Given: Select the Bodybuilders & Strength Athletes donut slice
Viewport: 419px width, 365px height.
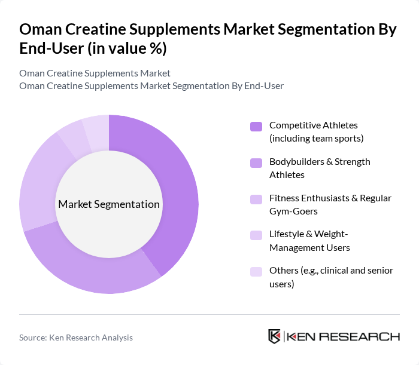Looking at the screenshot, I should pos(90,269).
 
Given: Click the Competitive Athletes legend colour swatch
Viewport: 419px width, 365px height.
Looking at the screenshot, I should pos(256,126).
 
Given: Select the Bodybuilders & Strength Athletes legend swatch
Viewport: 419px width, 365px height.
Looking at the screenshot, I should pos(256,162).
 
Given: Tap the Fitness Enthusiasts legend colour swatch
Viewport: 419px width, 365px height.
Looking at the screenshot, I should pos(256,199).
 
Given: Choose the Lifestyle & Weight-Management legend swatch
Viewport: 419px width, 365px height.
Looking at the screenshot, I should pos(256,235).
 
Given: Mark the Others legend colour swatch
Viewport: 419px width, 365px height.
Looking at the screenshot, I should pos(256,271).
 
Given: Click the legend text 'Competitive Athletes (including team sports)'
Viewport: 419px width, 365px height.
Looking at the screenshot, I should pos(316,131).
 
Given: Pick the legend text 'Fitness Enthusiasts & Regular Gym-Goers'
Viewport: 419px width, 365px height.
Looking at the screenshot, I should pos(330,204).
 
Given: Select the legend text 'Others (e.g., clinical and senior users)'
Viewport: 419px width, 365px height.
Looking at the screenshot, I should pos(331,277).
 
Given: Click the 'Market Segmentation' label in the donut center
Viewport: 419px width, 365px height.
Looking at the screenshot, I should pos(109,204).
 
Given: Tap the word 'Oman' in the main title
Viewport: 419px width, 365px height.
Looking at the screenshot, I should pos(41,30).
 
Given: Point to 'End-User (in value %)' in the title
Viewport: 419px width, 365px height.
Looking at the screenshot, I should pos(93,49).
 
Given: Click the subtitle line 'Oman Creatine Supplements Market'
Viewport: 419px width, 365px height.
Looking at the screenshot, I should pos(95,73).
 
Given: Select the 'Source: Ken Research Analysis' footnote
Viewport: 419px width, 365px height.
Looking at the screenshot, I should pos(76,338).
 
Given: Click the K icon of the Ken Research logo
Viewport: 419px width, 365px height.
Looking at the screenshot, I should pos(275,336).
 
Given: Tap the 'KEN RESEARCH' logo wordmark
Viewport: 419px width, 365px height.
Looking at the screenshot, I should pos(344,336).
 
